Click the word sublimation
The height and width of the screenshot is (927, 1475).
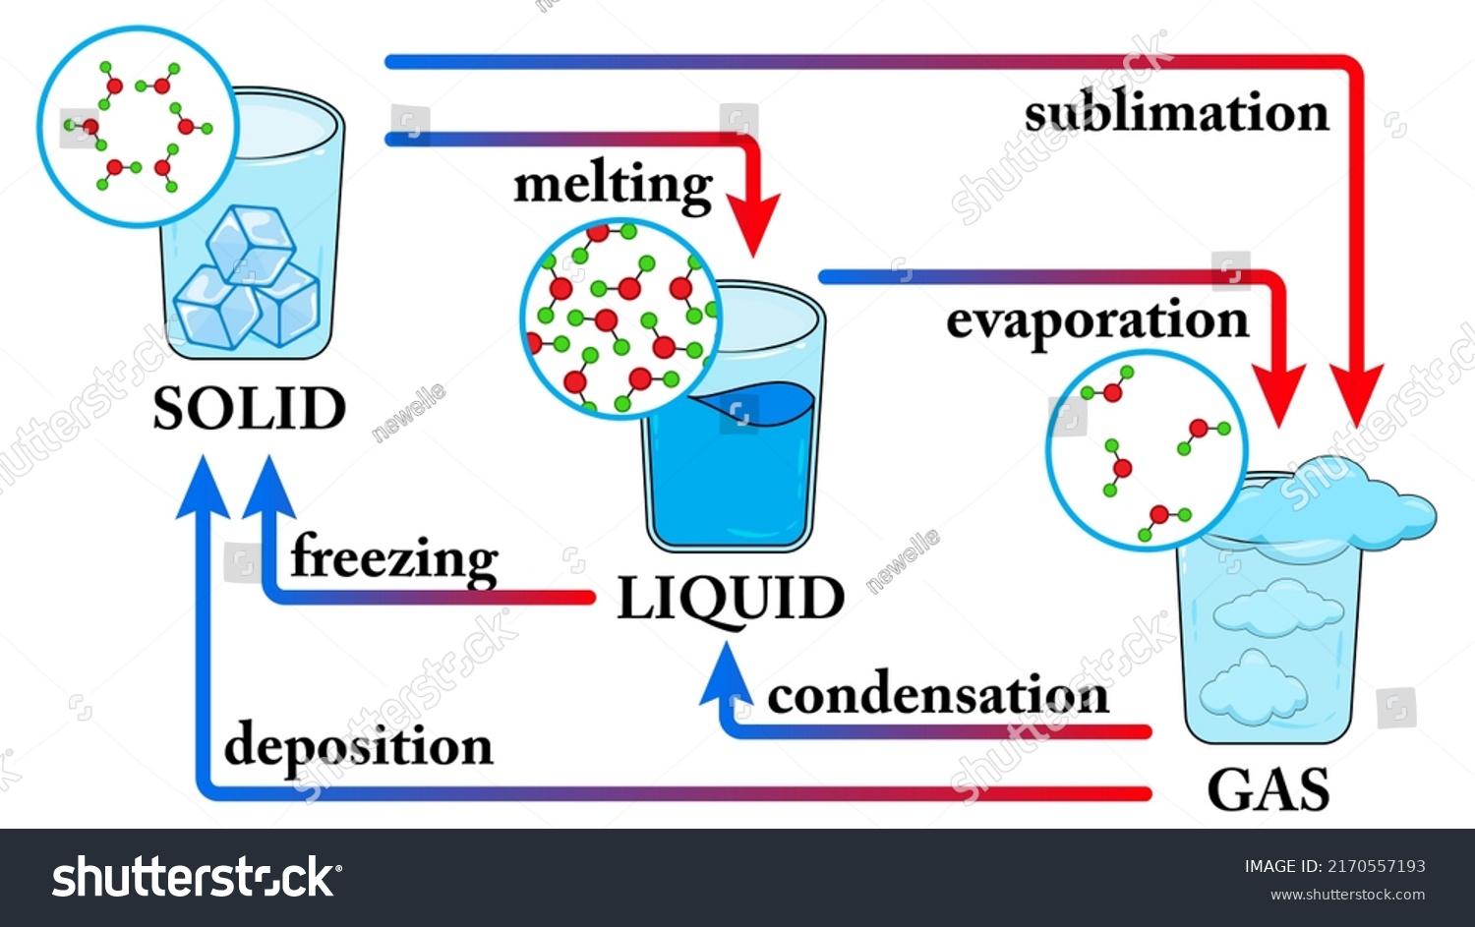click(1176, 113)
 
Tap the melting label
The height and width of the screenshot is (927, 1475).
click(613, 185)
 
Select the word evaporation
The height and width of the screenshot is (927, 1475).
click(1096, 321)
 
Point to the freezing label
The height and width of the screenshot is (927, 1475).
click(394, 557)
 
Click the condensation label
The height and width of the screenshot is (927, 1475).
click(937, 695)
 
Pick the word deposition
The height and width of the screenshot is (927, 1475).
click(358, 746)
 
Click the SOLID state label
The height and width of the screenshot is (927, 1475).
click(249, 408)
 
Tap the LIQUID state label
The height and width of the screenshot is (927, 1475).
click(730, 598)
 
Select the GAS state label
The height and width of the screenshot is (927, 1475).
click(1268, 789)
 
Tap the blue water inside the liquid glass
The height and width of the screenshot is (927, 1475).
click(733, 472)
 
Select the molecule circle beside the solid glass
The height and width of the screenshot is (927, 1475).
click(138, 126)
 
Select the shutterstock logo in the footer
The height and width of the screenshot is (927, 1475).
click(197, 877)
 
